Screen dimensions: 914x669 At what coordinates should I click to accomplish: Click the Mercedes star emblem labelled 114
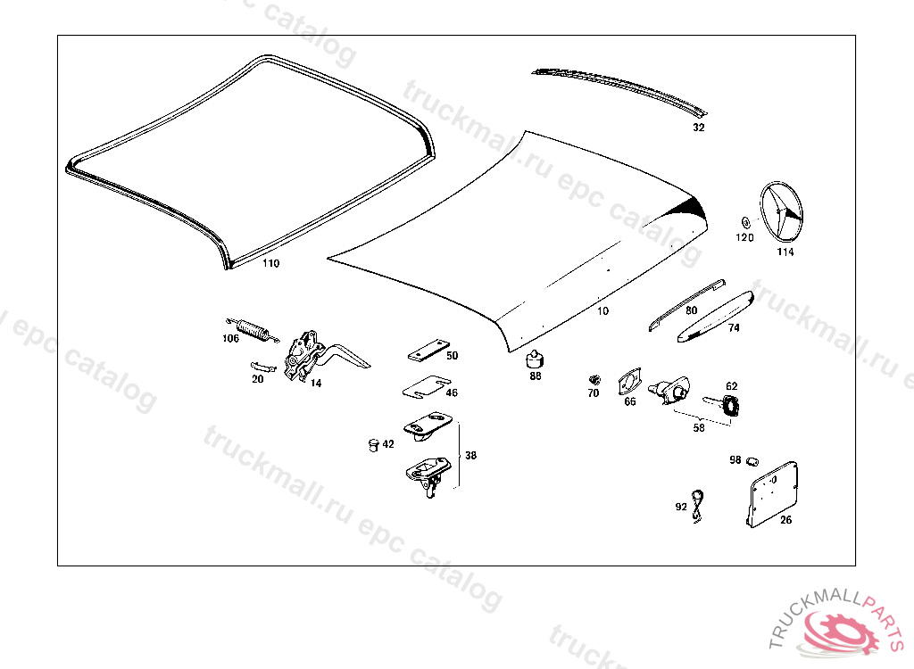[x=781, y=212]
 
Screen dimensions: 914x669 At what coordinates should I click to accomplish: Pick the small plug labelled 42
[x=372, y=444]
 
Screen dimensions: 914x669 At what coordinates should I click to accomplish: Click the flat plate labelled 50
[x=428, y=350]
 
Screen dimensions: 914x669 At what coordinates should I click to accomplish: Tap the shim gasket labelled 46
[x=424, y=388]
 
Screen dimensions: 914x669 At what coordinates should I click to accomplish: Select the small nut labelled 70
[x=594, y=380]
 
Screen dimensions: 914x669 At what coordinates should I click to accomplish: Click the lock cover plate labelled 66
[x=628, y=382]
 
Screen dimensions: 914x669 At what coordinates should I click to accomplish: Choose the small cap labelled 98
[x=752, y=460]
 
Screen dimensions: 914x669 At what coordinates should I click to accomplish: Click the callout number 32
[x=698, y=128]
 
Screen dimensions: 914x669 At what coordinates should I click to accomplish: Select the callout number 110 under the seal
[x=270, y=264]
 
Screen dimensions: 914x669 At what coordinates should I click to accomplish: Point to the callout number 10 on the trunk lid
[x=603, y=311]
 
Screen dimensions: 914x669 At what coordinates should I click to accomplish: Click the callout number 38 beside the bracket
[x=470, y=456]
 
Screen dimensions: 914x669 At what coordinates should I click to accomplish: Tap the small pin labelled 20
[x=262, y=366]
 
